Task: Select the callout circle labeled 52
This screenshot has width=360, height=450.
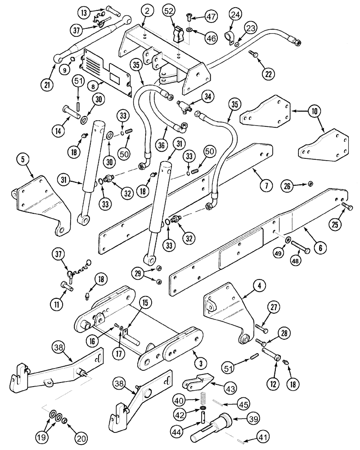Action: [169, 12]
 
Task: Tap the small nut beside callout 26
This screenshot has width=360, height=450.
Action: [310, 184]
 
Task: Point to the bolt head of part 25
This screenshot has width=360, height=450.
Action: [345, 207]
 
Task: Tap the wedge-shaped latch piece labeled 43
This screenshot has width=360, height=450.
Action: [196, 383]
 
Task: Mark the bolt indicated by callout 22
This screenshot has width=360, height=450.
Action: [252, 54]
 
